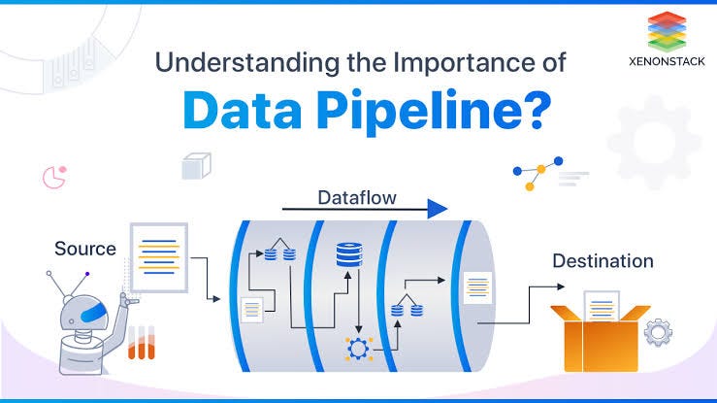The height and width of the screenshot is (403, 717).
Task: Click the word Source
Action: tap(85, 249)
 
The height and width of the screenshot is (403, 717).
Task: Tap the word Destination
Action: tap(603, 260)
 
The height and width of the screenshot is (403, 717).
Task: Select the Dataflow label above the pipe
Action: tap(356, 198)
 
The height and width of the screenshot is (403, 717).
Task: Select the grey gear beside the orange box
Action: tap(659, 333)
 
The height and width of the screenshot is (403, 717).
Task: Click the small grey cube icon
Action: tap(196, 167)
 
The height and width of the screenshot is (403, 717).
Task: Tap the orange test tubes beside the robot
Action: tap(142, 342)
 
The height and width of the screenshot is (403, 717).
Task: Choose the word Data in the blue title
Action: tap(239, 111)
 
